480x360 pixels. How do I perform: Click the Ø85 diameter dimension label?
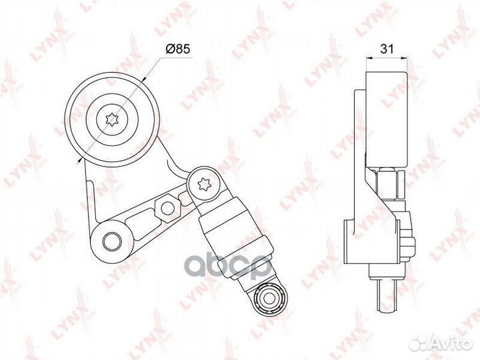(x=178, y=49)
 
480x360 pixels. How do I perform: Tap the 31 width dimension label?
(x=387, y=49)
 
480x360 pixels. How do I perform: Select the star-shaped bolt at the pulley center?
(x=112, y=119)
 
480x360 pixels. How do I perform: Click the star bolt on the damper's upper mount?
(x=204, y=185)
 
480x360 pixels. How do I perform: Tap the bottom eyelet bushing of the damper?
(x=271, y=297)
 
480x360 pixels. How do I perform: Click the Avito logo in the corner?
(x=441, y=343)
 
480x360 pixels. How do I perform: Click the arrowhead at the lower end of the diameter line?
(x=80, y=159)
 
